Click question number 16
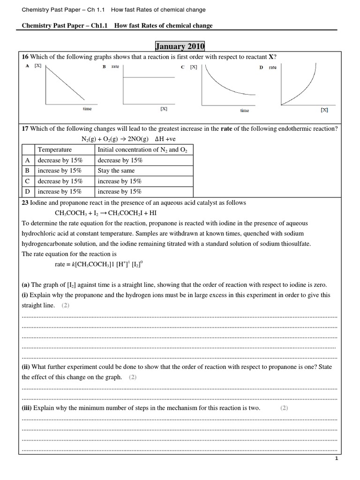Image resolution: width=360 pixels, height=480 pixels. (x=25, y=57)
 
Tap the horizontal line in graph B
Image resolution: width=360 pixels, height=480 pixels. (x=145, y=77)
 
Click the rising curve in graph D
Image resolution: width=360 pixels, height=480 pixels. (x=305, y=91)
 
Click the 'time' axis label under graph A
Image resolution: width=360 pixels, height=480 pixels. (x=87, y=109)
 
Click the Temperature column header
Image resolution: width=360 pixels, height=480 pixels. (x=55, y=150)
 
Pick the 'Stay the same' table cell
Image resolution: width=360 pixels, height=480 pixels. (x=116, y=171)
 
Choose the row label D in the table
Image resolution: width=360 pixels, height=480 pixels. (x=27, y=191)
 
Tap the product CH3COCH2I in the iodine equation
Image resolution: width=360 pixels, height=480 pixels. (x=127, y=213)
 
